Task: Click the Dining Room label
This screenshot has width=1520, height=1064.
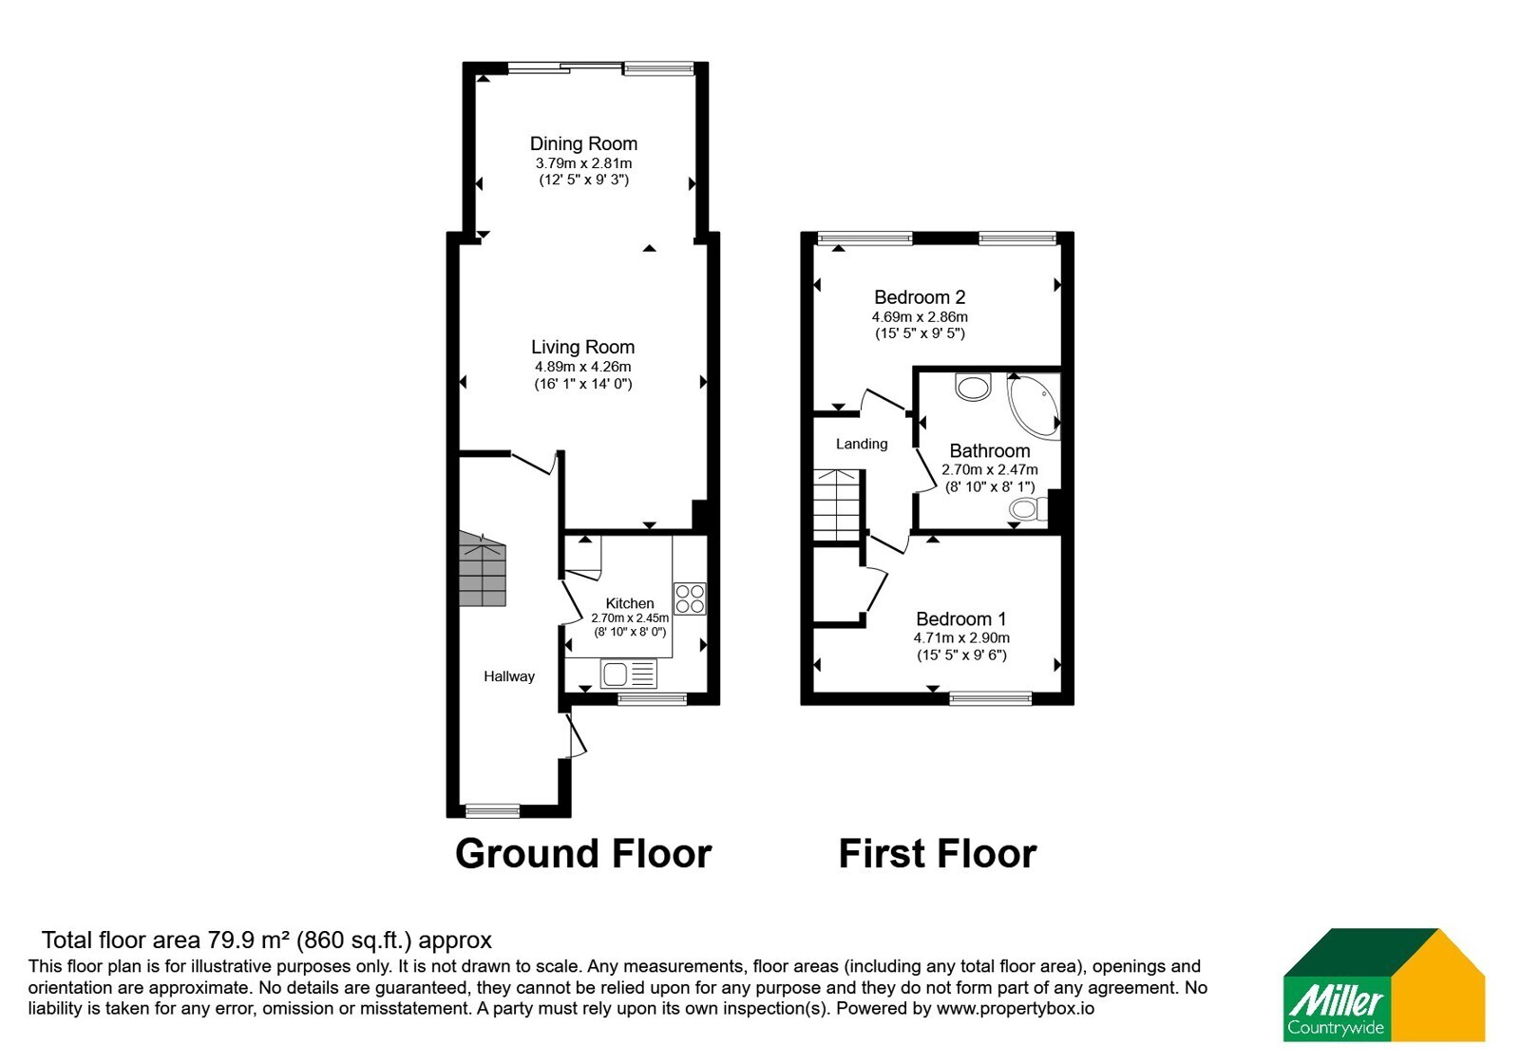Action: [583, 143]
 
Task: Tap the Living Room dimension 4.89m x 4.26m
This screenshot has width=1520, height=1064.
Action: [583, 367]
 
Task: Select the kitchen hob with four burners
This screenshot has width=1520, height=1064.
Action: [690, 599]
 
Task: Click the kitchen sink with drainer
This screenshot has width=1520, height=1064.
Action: [628, 674]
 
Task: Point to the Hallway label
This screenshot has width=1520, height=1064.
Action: [509, 675]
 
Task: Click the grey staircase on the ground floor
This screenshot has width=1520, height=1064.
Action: [483, 569]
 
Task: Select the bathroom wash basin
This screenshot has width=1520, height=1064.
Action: [973, 387]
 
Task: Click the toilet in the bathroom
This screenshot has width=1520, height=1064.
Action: [1028, 509]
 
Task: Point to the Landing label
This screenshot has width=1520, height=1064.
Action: [862, 444]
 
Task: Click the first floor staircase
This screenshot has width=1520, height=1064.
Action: [837, 504]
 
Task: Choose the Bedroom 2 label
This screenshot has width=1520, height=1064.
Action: [920, 297]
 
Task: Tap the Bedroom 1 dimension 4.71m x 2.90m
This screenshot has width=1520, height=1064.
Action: [961, 637]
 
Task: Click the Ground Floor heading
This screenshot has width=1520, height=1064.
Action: [583, 853]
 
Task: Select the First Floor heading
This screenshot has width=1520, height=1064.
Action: [938, 853]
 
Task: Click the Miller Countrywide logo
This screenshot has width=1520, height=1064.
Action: [1384, 984]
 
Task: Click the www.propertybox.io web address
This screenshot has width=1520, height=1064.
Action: [1016, 1008]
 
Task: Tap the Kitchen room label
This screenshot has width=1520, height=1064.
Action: [630, 603]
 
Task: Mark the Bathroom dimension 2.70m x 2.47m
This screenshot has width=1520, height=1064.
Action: [990, 469]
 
